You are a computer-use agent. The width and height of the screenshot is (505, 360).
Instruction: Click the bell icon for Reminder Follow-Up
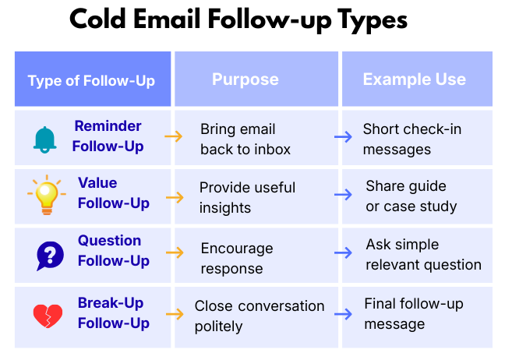pos(45,138)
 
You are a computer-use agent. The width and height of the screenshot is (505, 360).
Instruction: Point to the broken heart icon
pos(48,315)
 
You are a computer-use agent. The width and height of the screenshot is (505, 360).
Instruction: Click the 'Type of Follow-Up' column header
pos(91,80)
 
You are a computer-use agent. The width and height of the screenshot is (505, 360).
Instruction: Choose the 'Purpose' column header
pos(245,79)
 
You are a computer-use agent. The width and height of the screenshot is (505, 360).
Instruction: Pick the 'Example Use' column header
pos(414,79)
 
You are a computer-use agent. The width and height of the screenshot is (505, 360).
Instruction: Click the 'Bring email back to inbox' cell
pos(245,139)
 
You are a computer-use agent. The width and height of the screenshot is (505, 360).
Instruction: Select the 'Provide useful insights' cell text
pos(247,197)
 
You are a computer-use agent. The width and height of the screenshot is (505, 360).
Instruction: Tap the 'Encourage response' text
pos(237,258)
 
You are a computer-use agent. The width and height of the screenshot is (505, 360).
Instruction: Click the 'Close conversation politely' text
pos(260,316)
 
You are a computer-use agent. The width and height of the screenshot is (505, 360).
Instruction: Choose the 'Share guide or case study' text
pos(411,196)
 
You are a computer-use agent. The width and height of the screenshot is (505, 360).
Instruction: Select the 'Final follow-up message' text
pos(413,313)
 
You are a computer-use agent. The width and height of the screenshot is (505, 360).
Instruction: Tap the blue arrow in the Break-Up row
pos(343,314)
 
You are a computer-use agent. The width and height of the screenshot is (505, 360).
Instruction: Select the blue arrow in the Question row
pos(343,253)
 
